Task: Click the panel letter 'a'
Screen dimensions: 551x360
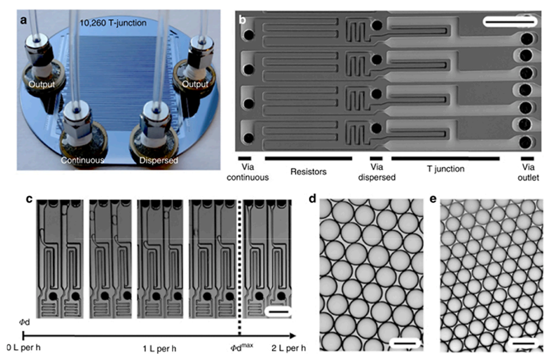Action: (x=23, y=20)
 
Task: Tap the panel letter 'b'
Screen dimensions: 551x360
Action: (x=242, y=20)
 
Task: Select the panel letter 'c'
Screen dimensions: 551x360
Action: (x=29, y=199)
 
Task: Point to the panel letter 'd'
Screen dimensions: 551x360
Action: (x=312, y=199)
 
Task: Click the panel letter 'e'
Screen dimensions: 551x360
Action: (x=433, y=199)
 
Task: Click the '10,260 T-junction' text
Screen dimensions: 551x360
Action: (x=113, y=23)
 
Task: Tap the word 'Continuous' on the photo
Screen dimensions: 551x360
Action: (x=83, y=160)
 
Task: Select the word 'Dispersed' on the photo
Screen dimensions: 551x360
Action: (x=159, y=160)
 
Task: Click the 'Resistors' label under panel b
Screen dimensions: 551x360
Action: (x=308, y=172)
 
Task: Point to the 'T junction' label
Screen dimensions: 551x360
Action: (x=445, y=169)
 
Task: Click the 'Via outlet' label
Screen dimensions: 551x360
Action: (x=528, y=172)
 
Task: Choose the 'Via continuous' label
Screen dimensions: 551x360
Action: (x=248, y=172)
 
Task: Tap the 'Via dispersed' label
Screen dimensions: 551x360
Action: (x=377, y=172)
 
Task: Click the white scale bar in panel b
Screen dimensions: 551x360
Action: (x=510, y=22)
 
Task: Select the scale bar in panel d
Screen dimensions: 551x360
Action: (x=405, y=343)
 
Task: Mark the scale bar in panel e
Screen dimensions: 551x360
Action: (x=523, y=343)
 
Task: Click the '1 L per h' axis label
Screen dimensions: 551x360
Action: (x=159, y=349)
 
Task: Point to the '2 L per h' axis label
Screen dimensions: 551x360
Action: (x=288, y=348)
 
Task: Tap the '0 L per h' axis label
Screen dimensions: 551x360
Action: (x=24, y=348)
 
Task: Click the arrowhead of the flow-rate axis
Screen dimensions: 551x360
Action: (x=293, y=336)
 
